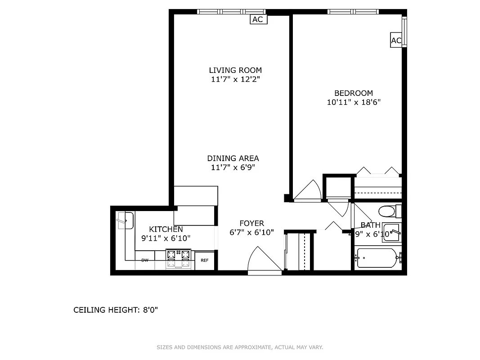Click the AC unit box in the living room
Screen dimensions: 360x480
(x=258, y=19)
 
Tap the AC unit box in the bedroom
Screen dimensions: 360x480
(x=396, y=40)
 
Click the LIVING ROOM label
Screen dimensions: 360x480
(x=235, y=70)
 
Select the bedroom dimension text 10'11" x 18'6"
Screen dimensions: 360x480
(x=354, y=102)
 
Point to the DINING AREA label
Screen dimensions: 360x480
(x=233, y=158)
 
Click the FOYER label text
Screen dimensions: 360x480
(x=251, y=223)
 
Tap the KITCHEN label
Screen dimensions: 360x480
(x=166, y=229)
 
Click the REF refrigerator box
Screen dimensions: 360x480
(x=204, y=261)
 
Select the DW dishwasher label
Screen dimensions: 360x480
(x=145, y=260)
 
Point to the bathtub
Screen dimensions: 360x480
(x=376, y=258)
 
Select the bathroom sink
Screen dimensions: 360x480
(x=390, y=233)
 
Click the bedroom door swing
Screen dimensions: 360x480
(x=308, y=191)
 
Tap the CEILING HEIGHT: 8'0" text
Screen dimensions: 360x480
(x=116, y=310)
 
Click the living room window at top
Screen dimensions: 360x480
(x=231, y=12)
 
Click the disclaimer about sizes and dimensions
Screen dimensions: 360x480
(x=240, y=347)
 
